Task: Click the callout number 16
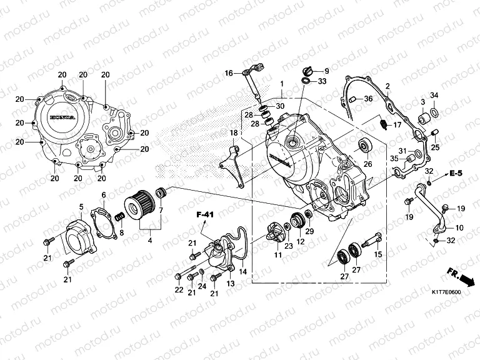point(229,73)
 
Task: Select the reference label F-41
point(206,215)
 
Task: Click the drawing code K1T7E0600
point(445,292)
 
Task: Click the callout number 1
point(282,84)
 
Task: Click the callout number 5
point(81,206)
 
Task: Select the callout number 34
point(434,95)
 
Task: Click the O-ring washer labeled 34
point(434,114)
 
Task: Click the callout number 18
point(233,133)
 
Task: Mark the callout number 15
point(377,254)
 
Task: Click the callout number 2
point(387,86)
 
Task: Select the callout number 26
point(367,164)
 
